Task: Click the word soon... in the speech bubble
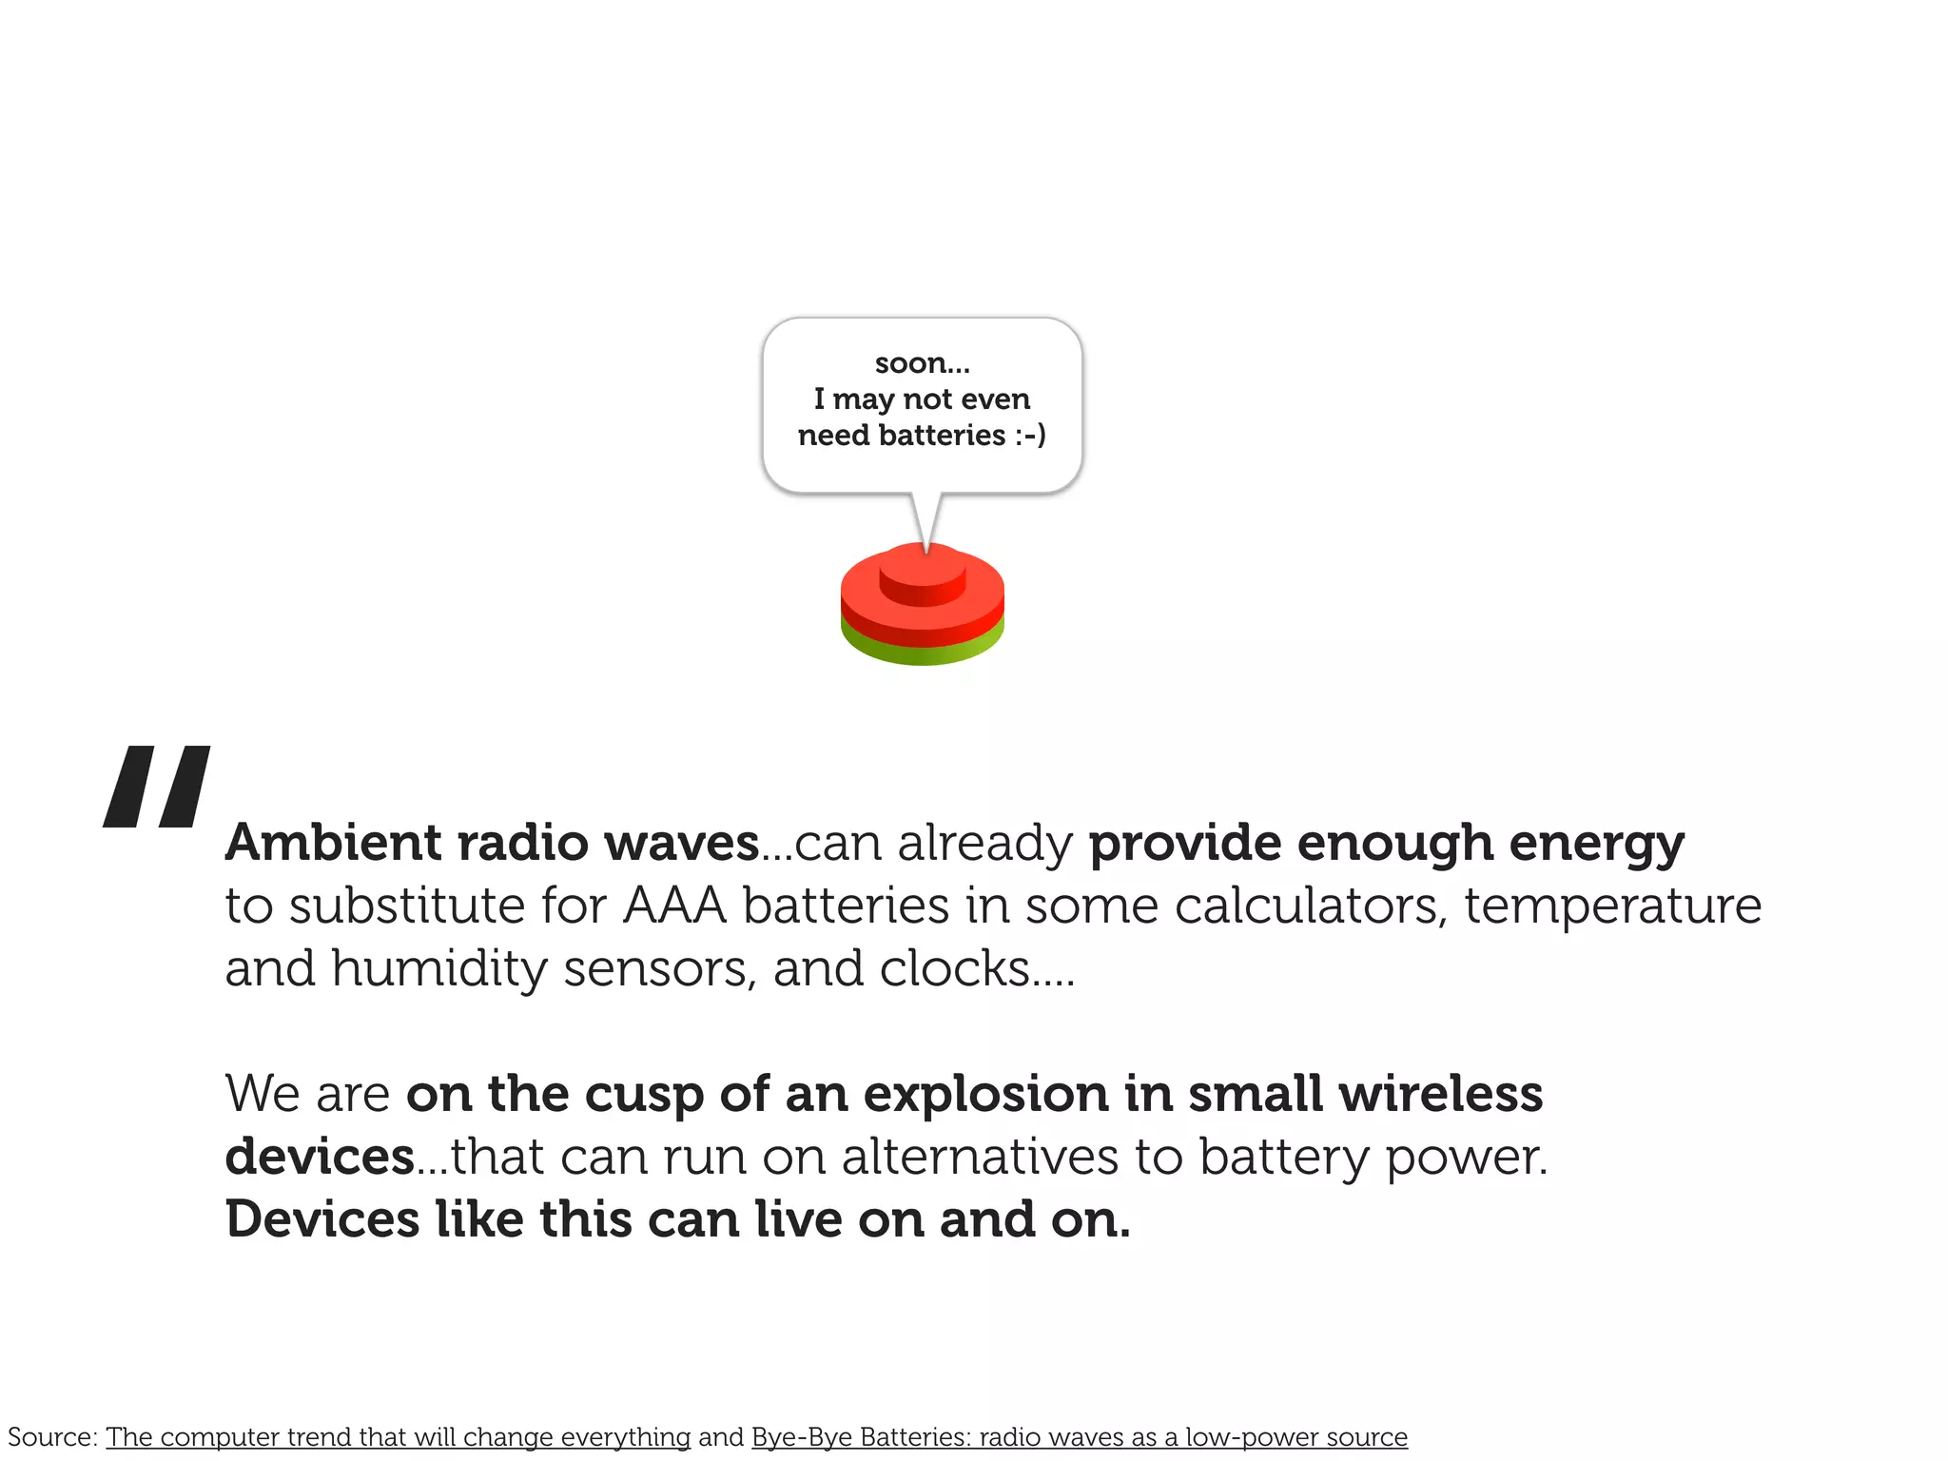[922, 363]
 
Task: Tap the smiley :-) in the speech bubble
[1030, 436]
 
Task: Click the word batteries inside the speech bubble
[942, 436]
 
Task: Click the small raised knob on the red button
[922, 576]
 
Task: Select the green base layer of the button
[922, 651]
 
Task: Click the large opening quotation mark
[157, 786]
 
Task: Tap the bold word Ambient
[333, 843]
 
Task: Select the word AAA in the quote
[674, 906]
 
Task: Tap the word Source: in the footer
[52, 1436]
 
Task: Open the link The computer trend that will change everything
[398, 1436]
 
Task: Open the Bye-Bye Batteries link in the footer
[1079, 1436]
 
